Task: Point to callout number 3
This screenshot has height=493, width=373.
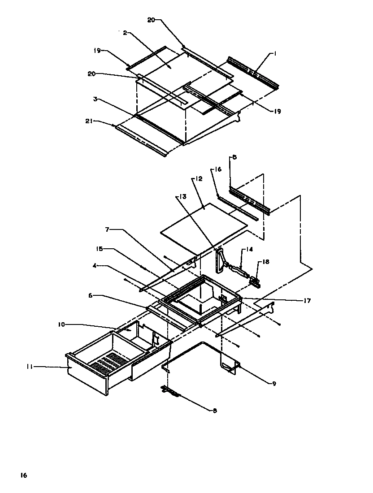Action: pyautogui.click(x=95, y=99)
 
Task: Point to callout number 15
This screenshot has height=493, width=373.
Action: pyautogui.click(x=99, y=249)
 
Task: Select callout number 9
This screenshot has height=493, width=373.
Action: pyautogui.click(x=273, y=383)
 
